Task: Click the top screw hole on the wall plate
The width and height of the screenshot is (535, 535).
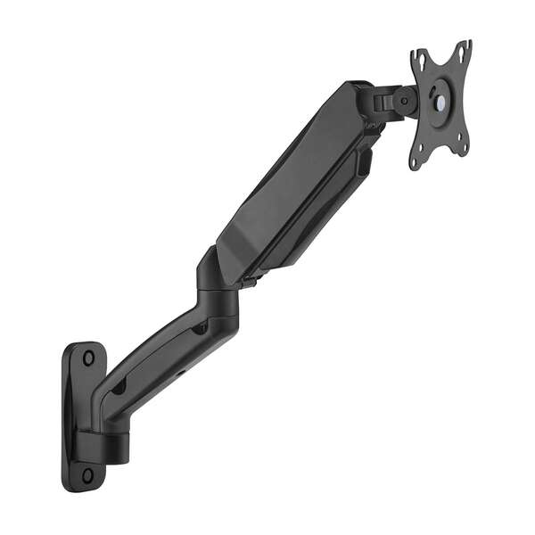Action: [x=88, y=358]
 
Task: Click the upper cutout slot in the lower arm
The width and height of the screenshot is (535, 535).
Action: [x=200, y=329]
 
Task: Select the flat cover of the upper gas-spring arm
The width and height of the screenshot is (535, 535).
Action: [x=285, y=178]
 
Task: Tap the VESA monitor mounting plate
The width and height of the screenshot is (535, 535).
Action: [x=440, y=103]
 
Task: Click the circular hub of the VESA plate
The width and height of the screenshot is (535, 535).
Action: [x=439, y=97]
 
